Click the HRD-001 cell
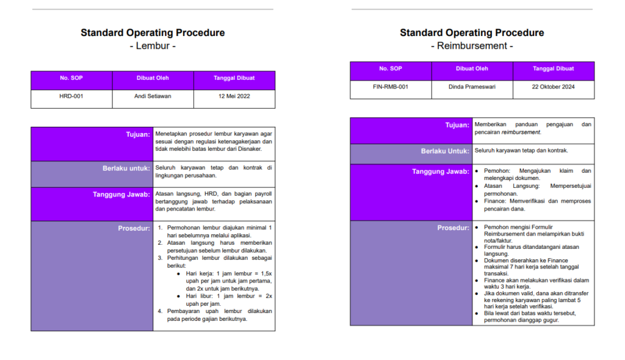pos(71,96)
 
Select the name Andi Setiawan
pos(153,96)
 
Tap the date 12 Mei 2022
pos(234,96)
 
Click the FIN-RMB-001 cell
pos(391,87)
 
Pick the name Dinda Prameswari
pos(472,87)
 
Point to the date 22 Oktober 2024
pos(554,87)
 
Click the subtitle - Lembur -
pos(153,46)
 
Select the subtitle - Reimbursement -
pos(472,46)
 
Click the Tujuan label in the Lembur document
pos(138,134)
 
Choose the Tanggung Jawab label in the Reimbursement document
pos(441,171)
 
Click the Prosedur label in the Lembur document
pos(134,228)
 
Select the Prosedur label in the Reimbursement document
pos(453,228)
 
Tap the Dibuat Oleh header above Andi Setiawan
pos(153,78)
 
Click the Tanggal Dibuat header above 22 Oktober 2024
pos(554,69)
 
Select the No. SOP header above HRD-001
pos(71,78)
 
